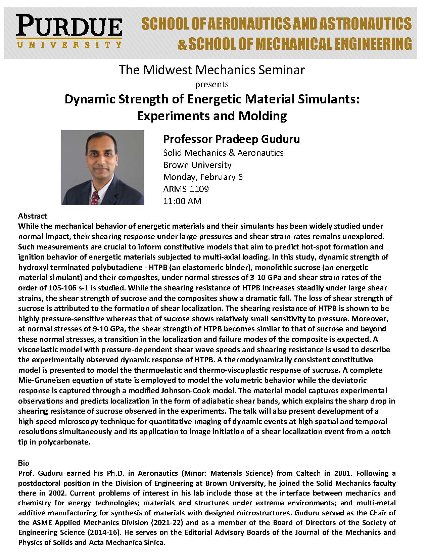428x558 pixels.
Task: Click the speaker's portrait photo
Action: (102, 167)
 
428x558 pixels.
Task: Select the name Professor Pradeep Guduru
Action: (231, 139)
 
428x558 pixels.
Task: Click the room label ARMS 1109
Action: (186, 189)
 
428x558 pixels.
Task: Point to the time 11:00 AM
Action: (182, 201)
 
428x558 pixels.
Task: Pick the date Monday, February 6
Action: (203, 177)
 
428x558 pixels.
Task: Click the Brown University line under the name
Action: (197, 165)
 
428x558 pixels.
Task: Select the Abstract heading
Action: (33, 216)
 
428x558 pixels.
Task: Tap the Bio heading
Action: (23, 463)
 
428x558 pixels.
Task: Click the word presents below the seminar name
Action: (212, 84)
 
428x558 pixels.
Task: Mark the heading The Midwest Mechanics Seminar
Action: (212, 70)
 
